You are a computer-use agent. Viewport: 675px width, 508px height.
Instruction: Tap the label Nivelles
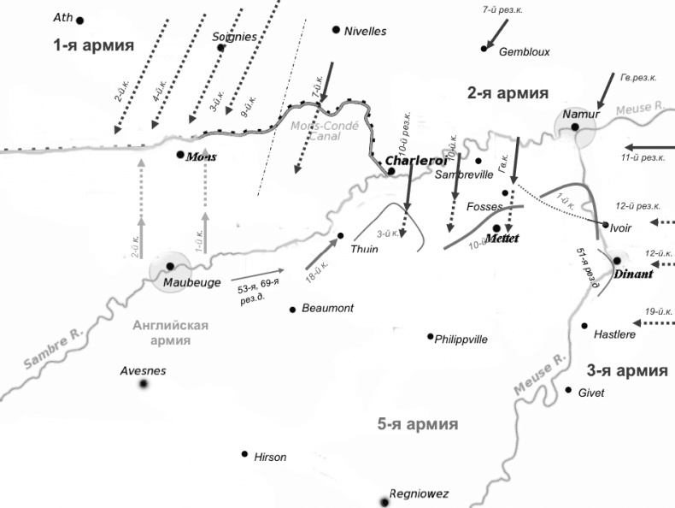[365, 32]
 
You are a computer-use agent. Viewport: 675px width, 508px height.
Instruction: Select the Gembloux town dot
[484, 49]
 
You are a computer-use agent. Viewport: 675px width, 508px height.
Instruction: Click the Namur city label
[581, 115]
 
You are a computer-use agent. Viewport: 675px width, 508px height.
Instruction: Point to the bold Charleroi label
[416, 161]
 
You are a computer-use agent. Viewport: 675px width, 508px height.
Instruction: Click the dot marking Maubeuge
[170, 267]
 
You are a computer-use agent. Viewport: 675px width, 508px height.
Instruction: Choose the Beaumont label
[327, 308]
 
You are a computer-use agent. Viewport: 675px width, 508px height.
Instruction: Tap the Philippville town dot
[431, 336]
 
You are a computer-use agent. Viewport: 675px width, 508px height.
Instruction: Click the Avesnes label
[144, 370]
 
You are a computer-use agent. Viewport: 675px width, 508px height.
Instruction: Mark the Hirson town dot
[244, 454]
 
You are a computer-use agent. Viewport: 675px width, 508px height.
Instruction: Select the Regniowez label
[419, 493]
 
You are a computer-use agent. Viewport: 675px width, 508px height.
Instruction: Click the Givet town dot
[569, 390]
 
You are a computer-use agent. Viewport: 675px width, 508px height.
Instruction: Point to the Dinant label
[633, 275]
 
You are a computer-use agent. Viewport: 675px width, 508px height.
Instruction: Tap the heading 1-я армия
[93, 45]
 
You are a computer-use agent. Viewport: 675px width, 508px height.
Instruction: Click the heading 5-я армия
[418, 424]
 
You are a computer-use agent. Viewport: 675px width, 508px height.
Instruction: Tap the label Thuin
[364, 249]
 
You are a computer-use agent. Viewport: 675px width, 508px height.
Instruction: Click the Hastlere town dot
[584, 326]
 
